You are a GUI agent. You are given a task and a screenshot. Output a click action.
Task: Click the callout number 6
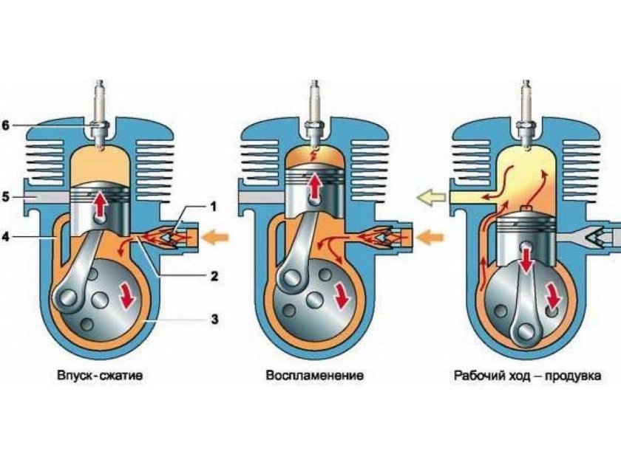coord(6,125)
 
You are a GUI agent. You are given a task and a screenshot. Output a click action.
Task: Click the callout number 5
coord(6,196)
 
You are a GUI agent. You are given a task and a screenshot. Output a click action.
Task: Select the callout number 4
coord(6,237)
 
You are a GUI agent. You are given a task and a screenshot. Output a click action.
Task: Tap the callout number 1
coord(214,207)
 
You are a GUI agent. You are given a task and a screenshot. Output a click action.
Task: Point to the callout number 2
coord(214,275)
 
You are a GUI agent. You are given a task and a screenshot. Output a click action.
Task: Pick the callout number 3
coord(214,319)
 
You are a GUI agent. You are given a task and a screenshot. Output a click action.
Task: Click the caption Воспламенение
coord(315,375)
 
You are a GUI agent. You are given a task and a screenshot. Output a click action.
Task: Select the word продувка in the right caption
coord(573,376)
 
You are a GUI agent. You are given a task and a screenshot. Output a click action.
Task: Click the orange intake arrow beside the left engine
coord(215,237)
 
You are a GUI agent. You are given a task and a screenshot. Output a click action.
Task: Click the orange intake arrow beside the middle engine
coord(431,237)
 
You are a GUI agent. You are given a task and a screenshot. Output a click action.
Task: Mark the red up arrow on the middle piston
coord(315,185)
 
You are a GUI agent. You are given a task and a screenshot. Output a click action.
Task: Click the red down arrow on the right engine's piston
coord(526,258)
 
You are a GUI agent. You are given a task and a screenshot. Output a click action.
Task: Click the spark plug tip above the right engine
coord(526,148)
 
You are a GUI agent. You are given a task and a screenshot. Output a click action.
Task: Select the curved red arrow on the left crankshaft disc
coord(127,296)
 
